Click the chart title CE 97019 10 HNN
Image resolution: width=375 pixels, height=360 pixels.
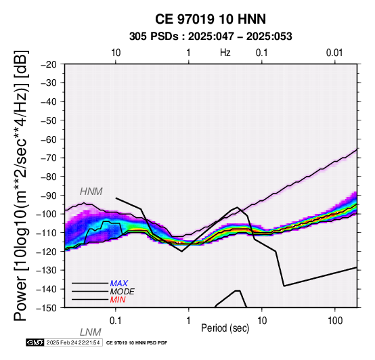click(211, 19)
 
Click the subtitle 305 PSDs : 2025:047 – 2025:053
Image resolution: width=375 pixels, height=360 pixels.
click(211, 37)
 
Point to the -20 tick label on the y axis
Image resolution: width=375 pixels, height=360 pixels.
click(49, 64)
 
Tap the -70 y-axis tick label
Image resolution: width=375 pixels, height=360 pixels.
click(49, 158)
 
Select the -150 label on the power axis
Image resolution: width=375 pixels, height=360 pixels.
click(47, 308)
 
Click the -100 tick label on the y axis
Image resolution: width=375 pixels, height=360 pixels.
click(47, 215)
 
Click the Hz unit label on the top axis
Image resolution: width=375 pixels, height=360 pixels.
click(225, 53)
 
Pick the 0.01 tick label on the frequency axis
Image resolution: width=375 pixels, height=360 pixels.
click(334, 53)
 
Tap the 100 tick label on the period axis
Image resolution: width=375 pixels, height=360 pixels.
click(335, 321)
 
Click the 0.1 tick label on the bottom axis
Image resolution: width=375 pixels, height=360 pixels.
click(115, 321)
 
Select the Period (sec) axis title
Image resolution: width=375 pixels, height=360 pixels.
click(225, 328)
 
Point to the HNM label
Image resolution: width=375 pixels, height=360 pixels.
click(91, 192)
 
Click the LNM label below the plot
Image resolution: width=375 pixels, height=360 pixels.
click(91, 332)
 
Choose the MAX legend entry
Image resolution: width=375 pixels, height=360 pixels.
click(118, 284)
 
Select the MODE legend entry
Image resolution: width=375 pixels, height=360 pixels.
click(122, 292)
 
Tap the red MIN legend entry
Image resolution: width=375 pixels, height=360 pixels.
click(118, 300)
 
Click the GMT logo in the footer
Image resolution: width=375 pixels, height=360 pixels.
click(35, 342)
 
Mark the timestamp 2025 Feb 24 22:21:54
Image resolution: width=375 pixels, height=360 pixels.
click(73, 342)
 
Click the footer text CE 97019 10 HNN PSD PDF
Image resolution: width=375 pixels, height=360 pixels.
click(137, 343)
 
